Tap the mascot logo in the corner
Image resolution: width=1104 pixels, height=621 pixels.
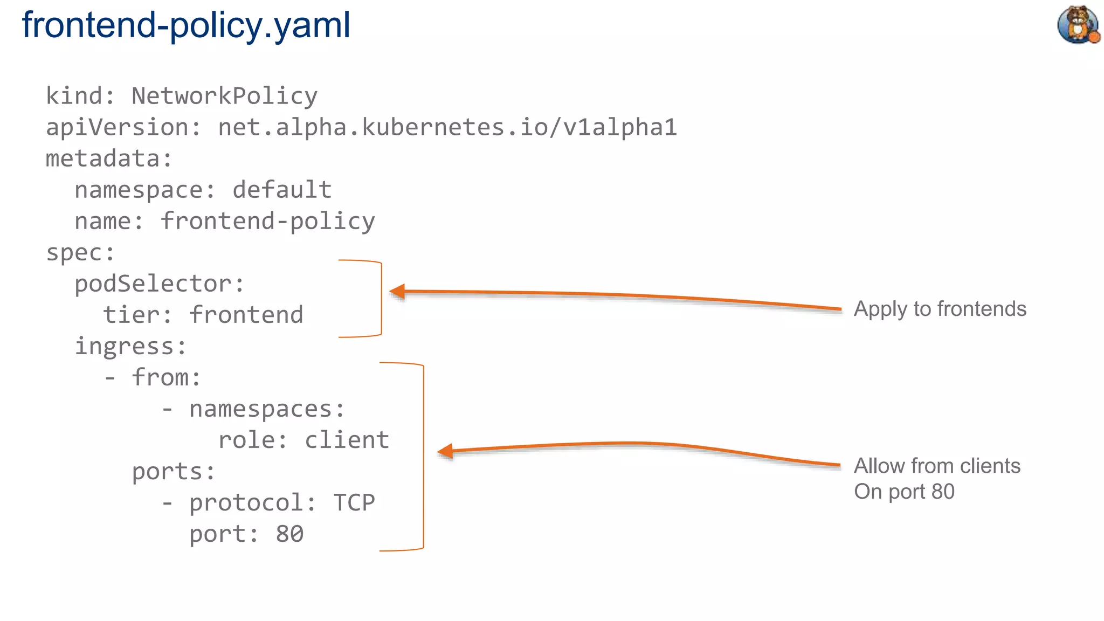pyautogui.click(x=1078, y=24)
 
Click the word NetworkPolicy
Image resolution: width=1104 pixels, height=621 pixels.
pyautogui.click(x=224, y=96)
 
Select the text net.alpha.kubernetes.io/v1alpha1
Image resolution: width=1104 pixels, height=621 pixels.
pyautogui.click(x=447, y=127)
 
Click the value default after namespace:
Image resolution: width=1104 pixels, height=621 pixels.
pyautogui.click(x=282, y=190)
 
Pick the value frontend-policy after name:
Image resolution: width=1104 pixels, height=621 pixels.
pyautogui.click(x=267, y=221)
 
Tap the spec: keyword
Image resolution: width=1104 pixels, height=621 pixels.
pyautogui.click(x=80, y=252)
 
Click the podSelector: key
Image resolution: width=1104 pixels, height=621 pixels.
pyautogui.click(x=159, y=284)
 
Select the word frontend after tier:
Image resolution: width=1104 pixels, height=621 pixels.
pyautogui.click(x=246, y=315)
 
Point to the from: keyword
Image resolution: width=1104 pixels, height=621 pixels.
pyautogui.click(x=166, y=377)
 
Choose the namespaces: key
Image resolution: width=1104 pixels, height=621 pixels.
pyautogui.click(x=266, y=409)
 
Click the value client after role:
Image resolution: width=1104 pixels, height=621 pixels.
pyautogui.click(x=347, y=440)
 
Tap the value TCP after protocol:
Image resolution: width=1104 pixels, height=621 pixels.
pyautogui.click(x=354, y=502)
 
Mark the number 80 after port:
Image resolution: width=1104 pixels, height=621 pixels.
pyautogui.click(x=289, y=534)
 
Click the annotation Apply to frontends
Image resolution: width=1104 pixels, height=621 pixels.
pyautogui.click(x=940, y=309)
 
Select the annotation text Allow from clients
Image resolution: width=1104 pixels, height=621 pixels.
pyautogui.click(x=937, y=466)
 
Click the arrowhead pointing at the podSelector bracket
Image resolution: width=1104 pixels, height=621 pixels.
pyautogui.click(x=398, y=292)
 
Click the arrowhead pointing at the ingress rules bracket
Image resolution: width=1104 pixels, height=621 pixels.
pyautogui.click(x=445, y=451)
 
